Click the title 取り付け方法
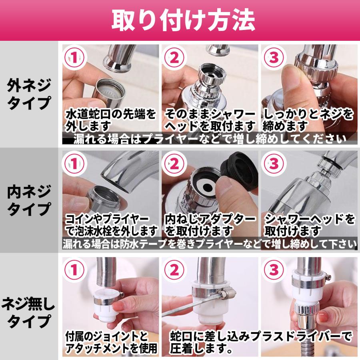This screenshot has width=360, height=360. point(183,20)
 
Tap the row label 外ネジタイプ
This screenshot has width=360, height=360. point(29,94)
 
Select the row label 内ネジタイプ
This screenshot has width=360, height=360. point(29,200)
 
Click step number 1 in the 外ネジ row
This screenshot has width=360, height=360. point(74,57)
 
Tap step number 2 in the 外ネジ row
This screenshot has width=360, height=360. point(174,57)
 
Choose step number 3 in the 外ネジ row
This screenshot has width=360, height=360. point(273,57)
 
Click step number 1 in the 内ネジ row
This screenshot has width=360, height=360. point(74,164)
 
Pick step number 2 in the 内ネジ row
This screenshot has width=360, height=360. point(174,164)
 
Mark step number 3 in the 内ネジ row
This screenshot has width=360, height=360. point(273,164)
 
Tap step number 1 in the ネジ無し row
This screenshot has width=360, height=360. point(74,270)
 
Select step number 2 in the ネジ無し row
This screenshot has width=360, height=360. point(174,270)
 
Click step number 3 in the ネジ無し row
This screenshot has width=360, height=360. point(273,270)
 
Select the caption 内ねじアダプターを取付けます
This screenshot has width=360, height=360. point(210,225)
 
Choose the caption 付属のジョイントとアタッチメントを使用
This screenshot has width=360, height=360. point(111,342)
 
